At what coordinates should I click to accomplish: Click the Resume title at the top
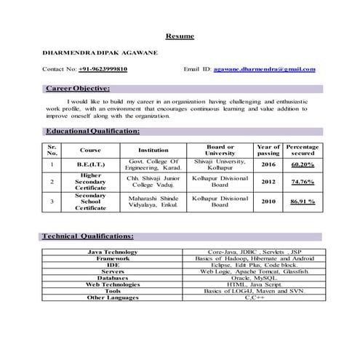pyautogui.click(x=180, y=36)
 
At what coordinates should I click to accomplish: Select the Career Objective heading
pyautogui.click(x=77, y=89)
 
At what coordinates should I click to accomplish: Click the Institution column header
pyautogui.click(x=153, y=151)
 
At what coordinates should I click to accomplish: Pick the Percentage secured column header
pyautogui.click(x=303, y=150)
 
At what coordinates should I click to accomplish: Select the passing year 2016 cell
pyautogui.click(x=268, y=165)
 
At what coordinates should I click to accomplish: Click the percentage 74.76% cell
pyautogui.click(x=303, y=182)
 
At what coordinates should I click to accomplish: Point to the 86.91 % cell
pyautogui.click(x=303, y=201)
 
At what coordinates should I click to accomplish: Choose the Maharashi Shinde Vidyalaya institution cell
pyautogui.click(x=153, y=201)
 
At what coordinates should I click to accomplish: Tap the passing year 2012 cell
pyautogui.click(x=268, y=182)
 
